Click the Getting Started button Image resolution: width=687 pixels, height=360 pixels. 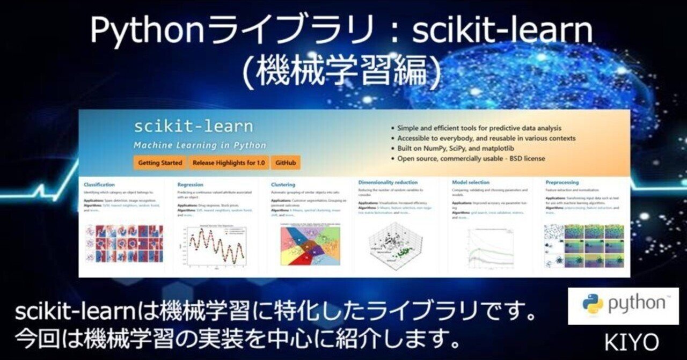click(x=160, y=163)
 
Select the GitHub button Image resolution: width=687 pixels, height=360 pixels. click(x=285, y=163)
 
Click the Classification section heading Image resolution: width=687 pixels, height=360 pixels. click(x=99, y=185)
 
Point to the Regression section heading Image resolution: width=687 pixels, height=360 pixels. click(x=191, y=185)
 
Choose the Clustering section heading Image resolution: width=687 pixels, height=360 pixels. click(x=283, y=185)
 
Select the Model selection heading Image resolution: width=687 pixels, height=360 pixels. click(x=471, y=182)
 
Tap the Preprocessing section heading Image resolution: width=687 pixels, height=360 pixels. click(x=562, y=182)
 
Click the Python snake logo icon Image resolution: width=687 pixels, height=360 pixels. click(x=593, y=304)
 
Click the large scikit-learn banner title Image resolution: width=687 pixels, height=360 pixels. click(x=193, y=127)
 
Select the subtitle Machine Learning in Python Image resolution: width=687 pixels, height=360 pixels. click(x=200, y=145)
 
